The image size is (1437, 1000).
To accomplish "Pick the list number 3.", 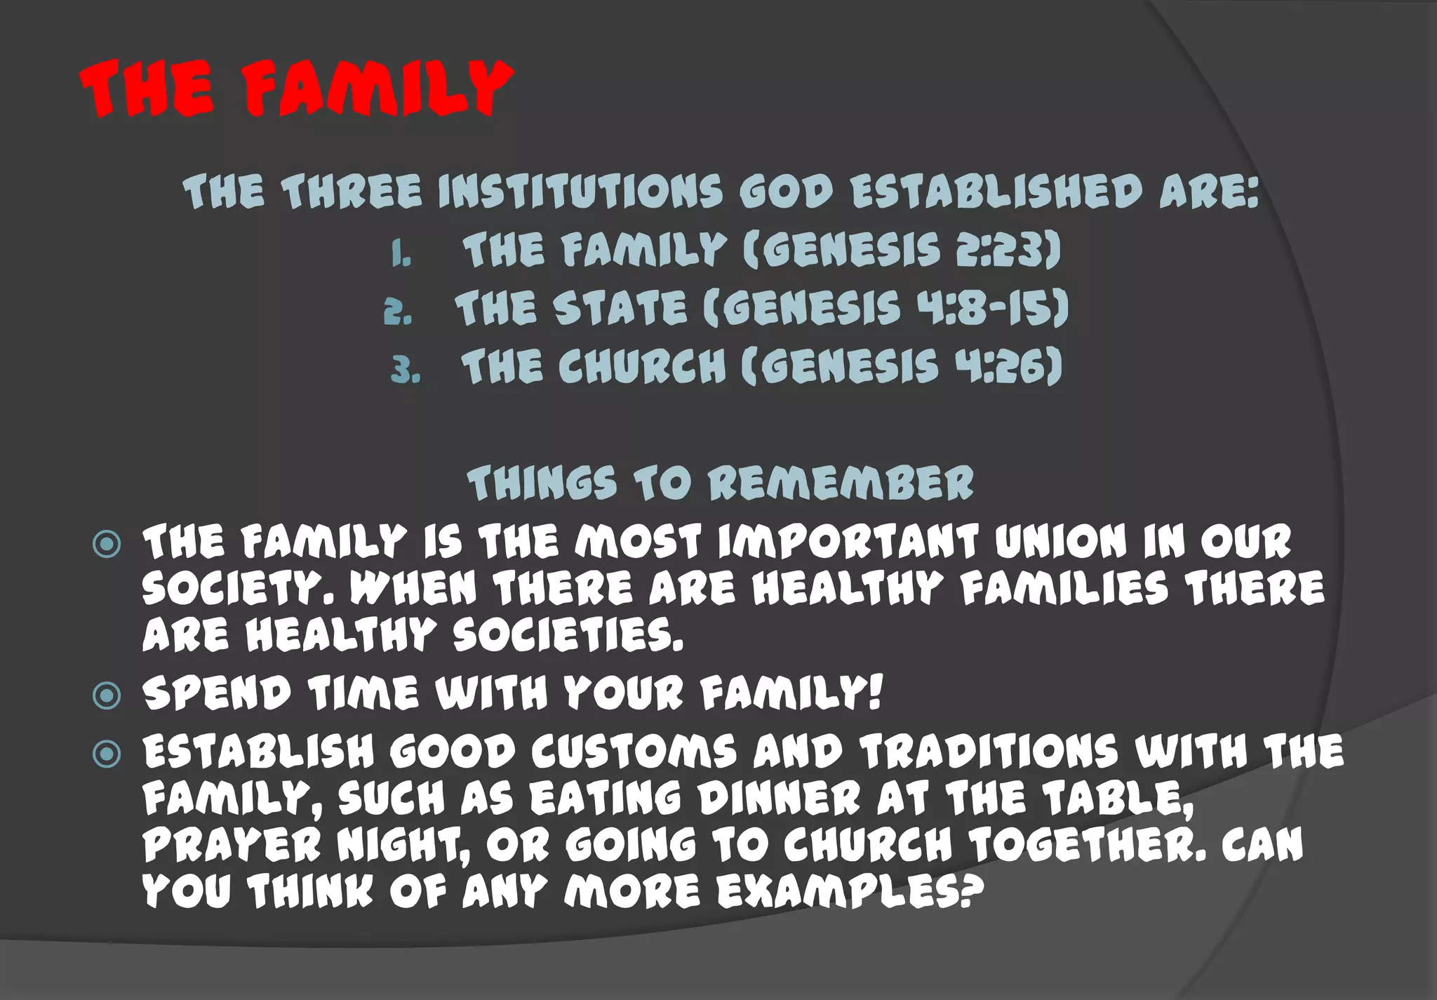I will tap(406, 371).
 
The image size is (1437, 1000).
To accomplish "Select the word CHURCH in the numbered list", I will tap(642, 366).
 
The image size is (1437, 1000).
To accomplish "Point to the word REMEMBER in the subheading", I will tap(840, 484).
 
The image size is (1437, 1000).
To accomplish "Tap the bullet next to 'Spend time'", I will tap(107, 695).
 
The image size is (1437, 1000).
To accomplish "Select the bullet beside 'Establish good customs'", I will tap(107, 754).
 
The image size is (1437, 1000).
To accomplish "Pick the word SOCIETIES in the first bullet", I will tap(567, 635).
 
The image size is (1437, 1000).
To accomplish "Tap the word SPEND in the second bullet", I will tap(216, 693).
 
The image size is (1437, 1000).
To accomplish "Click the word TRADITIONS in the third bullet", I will tap(989, 752).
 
